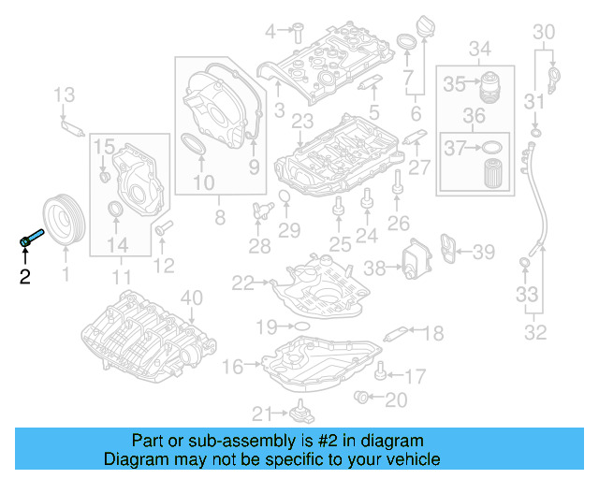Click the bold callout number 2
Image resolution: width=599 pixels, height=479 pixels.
pyautogui.click(x=25, y=275)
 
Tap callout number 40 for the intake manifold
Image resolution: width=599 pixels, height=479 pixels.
pyautogui.click(x=191, y=298)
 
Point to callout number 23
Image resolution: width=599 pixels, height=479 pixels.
pyautogui.click(x=301, y=121)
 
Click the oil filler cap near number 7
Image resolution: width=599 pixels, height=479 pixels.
pyautogui.click(x=407, y=44)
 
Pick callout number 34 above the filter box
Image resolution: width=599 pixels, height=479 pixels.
pyautogui.click(x=480, y=48)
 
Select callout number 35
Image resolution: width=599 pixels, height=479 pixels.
pyautogui.click(x=455, y=84)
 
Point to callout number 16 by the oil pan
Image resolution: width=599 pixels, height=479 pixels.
pyautogui.click(x=232, y=365)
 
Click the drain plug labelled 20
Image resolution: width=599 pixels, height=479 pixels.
pyautogui.click(x=362, y=399)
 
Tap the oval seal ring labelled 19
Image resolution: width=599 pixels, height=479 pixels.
pyautogui.click(x=301, y=326)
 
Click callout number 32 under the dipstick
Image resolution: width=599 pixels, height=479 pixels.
pyautogui.click(x=536, y=331)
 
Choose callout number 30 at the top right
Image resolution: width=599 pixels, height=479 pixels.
pyautogui.click(x=544, y=32)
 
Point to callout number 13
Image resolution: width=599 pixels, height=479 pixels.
pyautogui.click(x=64, y=94)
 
